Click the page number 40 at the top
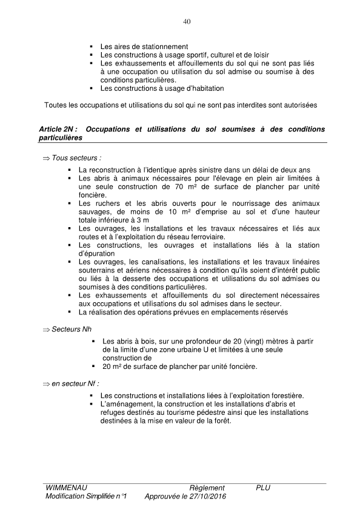[x=187, y=22]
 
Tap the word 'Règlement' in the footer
[x=207, y=488]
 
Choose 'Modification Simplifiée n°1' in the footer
[x=85, y=496]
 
